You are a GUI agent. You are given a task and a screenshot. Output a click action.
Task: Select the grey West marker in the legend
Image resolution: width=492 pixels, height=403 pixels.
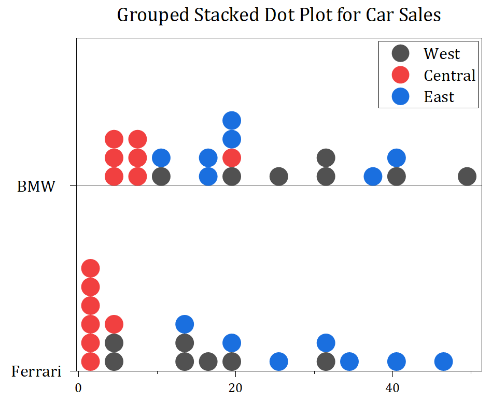pos(400,53)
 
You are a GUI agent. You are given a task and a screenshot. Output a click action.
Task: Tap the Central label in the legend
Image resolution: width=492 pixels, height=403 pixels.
pos(449,76)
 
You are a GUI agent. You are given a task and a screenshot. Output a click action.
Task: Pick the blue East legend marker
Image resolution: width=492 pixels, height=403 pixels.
pos(400,97)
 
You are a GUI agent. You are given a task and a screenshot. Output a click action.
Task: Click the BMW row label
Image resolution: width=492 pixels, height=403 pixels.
pos(36,186)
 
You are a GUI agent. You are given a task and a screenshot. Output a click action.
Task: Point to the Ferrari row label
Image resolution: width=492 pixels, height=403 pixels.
pos(36,371)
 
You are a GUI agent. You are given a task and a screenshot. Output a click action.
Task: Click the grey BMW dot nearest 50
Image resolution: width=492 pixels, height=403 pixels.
pos(467,176)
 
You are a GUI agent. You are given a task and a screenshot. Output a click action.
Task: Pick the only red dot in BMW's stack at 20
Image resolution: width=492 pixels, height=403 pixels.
pos(232,157)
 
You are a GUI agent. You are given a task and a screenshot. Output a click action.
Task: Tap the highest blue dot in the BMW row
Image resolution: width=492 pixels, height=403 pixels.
pos(232,120)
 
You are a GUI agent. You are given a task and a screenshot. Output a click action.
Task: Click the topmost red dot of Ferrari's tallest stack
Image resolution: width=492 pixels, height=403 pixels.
pos(90,268)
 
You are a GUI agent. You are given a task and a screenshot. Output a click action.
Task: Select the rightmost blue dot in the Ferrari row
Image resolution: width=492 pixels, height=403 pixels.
pos(443,361)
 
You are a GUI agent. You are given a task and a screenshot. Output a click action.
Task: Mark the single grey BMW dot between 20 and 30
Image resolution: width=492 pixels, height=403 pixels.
pos(279,176)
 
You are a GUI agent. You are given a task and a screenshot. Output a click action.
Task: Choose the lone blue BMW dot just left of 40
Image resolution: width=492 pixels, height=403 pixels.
pos(373,176)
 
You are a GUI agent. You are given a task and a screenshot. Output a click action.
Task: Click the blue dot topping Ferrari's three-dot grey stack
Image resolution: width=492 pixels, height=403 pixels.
pos(185,324)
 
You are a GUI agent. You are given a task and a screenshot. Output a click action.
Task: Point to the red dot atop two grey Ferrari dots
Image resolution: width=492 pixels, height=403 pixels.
pos(114,324)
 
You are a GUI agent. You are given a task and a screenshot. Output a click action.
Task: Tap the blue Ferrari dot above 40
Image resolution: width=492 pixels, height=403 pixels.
pos(397,361)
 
